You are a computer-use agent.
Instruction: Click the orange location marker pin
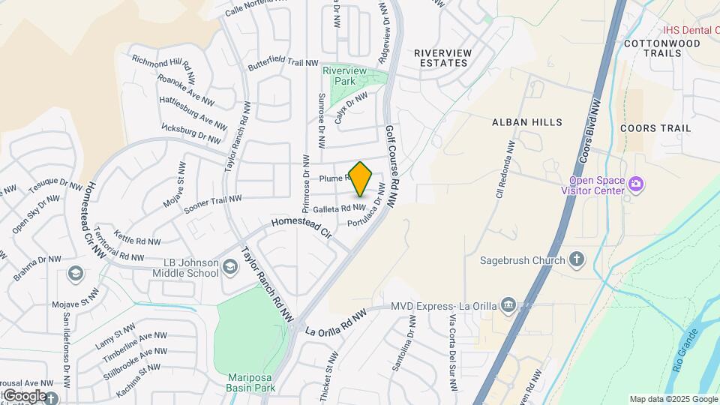[361, 178]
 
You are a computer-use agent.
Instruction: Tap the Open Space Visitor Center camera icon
[637, 183]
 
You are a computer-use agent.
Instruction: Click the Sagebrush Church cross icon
[576, 260]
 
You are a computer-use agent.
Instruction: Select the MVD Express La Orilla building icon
[508, 305]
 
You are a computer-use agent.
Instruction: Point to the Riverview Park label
[338, 75]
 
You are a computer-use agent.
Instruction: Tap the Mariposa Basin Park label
[251, 382]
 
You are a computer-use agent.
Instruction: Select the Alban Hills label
[526, 121]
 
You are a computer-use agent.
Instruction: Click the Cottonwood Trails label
[661, 49]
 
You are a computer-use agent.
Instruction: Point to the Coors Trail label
[655, 128]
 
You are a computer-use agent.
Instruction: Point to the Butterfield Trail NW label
[283, 65]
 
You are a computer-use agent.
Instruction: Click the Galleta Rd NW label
[339, 208]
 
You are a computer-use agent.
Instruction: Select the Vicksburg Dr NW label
[192, 133]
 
